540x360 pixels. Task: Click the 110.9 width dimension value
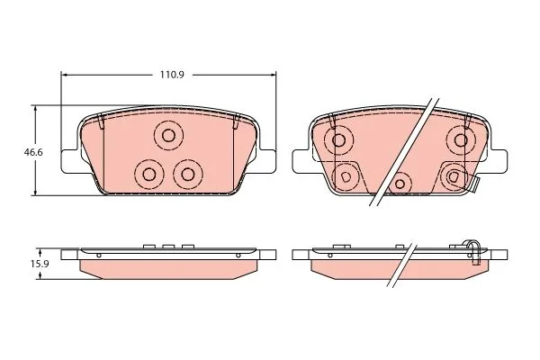[172, 75]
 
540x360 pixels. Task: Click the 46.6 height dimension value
[33, 152]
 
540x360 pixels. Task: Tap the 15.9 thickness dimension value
[40, 265]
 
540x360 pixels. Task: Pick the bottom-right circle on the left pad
[188, 175]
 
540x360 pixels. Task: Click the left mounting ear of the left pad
[70, 161]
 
